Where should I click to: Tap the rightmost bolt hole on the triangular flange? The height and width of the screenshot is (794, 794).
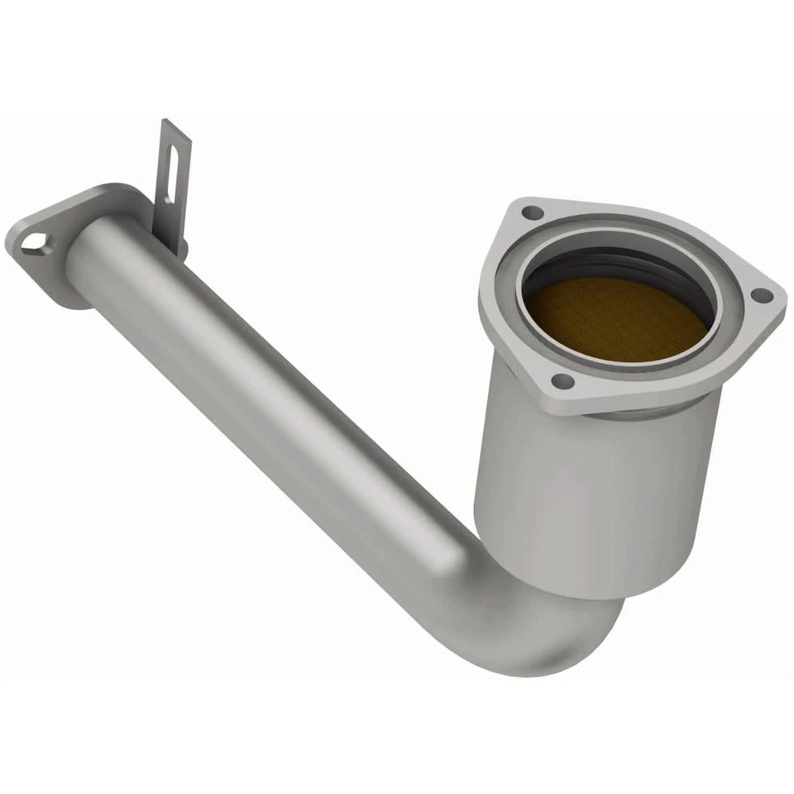tap(763, 294)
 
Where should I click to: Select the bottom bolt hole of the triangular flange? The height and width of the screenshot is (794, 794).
tap(562, 381)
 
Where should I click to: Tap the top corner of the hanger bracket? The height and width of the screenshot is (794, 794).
tap(165, 122)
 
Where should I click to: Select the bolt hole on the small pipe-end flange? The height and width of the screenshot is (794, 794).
tap(34, 242)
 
